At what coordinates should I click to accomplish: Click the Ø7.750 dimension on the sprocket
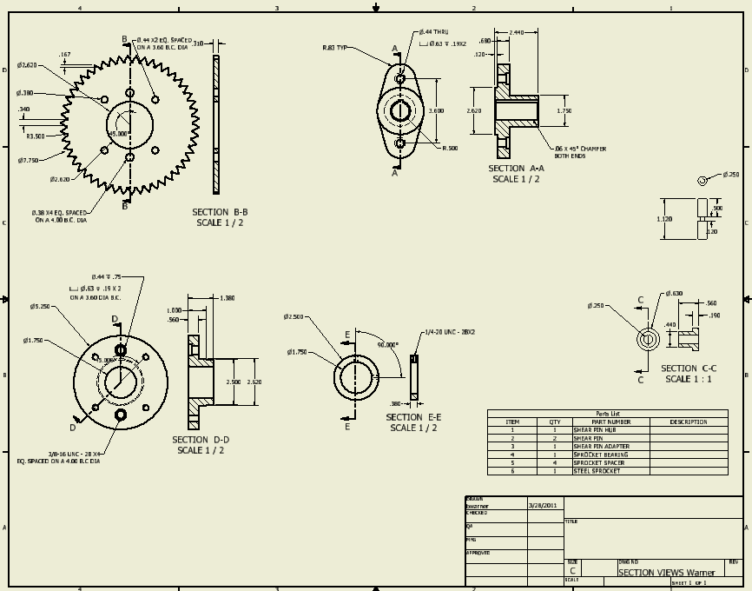click(x=29, y=160)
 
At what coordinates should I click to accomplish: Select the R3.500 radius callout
click(x=36, y=136)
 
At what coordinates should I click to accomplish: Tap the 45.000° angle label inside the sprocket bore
click(x=118, y=133)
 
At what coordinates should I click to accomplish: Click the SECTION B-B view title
click(x=220, y=212)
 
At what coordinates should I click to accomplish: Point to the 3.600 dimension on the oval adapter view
click(x=437, y=110)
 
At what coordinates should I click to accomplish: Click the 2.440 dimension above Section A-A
click(x=518, y=31)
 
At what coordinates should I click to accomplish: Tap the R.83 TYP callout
click(x=334, y=48)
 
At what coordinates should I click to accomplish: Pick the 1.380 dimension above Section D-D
click(x=228, y=298)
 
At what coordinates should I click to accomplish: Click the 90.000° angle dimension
click(x=386, y=344)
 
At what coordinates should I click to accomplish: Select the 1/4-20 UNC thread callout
click(x=450, y=332)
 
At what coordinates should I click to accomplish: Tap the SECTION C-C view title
click(x=689, y=369)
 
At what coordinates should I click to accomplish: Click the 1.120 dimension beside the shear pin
click(x=664, y=219)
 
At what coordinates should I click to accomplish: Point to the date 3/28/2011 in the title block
click(x=544, y=504)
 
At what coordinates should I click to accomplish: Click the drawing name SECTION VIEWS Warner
click(x=666, y=572)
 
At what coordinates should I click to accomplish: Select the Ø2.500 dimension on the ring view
click(x=294, y=317)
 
